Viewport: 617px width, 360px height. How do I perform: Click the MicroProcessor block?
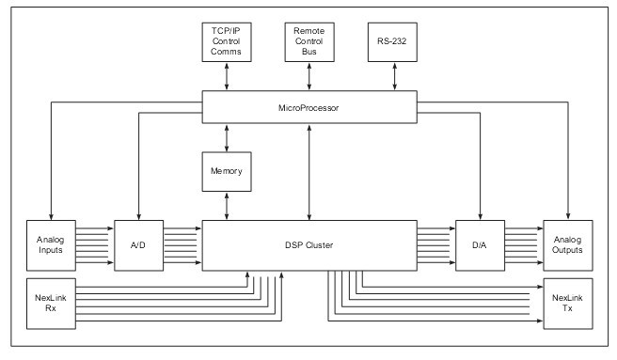coord(309,107)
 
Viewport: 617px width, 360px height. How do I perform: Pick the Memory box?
coord(227,172)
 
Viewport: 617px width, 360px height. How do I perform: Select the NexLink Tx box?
coord(568,304)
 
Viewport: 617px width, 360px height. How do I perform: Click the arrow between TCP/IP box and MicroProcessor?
coord(227,78)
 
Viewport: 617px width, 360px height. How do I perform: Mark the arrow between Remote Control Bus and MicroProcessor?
coord(309,78)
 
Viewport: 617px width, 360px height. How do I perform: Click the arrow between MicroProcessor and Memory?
coord(227,138)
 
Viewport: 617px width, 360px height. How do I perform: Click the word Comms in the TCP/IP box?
coord(227,53)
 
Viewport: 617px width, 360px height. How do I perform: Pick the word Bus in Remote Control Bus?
coord(309,53)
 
